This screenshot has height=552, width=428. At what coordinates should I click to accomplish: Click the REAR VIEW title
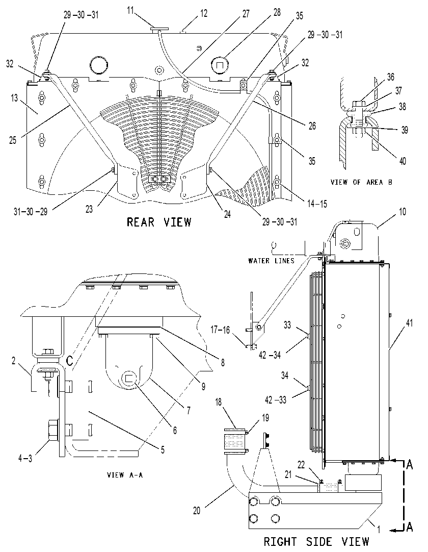(x=159, y=222)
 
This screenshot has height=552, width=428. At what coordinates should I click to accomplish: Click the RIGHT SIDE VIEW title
(x=316, y=541)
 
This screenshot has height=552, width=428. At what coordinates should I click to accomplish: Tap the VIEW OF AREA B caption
(x=361, y=182)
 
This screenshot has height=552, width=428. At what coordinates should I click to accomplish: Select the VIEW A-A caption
(x=125, y=475)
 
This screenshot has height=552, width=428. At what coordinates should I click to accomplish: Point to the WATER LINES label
(x=271, y=261)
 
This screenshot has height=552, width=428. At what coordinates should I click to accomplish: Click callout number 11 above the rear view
(x=130, y=10)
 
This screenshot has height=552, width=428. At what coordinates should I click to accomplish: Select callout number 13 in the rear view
(x=14, y=98)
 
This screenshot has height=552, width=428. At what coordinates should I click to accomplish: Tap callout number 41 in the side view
(x=409, y=322)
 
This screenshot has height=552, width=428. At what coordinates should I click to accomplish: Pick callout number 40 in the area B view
(x=403, y=161)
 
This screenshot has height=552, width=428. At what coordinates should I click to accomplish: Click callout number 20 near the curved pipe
(x=197, y=510)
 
